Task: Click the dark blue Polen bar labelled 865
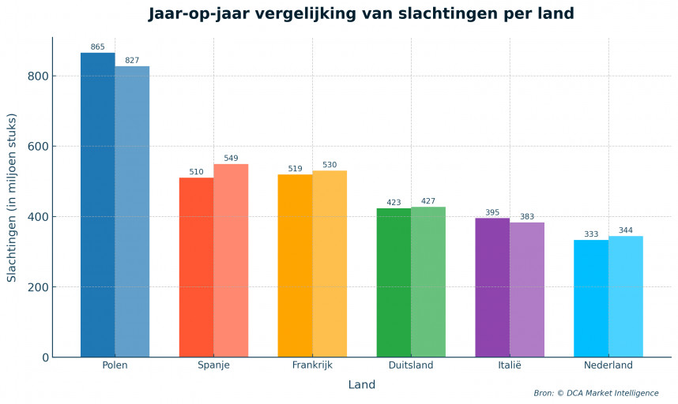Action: pyautogui.click(x=98, y=205)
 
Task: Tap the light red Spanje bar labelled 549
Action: pyautogui.click(x=231, y=260)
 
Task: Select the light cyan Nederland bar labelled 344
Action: pyautogui.click(x=626, y=297)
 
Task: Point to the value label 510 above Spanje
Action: pyautogui.click(x=197, y=172)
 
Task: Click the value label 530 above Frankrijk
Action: pyautogui.click(x=330, y=165)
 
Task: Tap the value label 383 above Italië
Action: pyautogui.click(x=527, y=217)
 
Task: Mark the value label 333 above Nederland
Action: pyautogui.click(x=591, y=234)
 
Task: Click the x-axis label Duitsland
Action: pyautogui.click(x=411, y=366)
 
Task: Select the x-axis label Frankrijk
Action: pyautogui.click(x=312, y=366)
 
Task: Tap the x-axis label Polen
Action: pyautogui.click(x=115, y=366)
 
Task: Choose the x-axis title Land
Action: pyautogui.click(x=362, y=385)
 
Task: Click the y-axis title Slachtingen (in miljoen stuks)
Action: pyautogui.click(x=12, y=197)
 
